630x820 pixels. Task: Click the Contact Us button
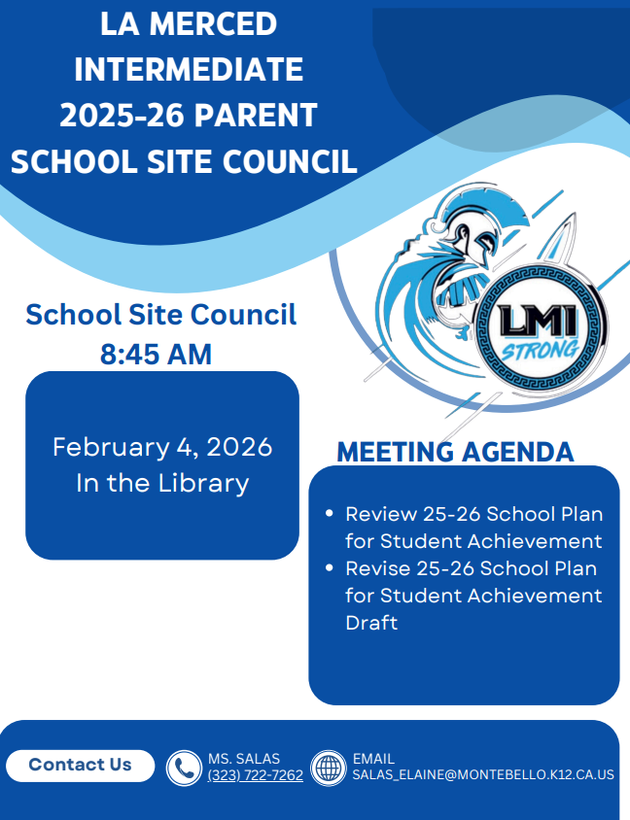80,766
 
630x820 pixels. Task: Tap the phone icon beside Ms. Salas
183,768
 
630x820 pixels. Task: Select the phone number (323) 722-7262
255,775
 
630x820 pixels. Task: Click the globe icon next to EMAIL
329,768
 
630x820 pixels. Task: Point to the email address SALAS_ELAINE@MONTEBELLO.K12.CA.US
482,775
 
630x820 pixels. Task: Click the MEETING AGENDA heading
455,453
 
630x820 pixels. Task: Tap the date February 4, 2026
162,447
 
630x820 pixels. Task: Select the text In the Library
162,483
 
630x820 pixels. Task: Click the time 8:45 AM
156,355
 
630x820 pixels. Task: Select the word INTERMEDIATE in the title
189,69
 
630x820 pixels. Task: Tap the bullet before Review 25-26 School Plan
328,513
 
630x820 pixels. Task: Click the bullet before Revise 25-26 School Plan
328,567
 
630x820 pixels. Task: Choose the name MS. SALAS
244,758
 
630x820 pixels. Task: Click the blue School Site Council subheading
161,315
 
